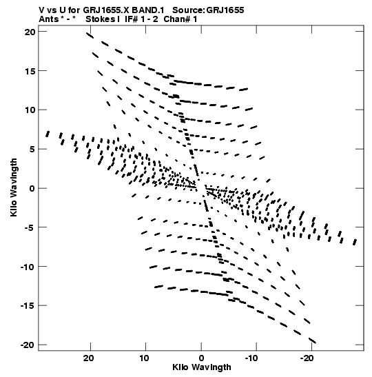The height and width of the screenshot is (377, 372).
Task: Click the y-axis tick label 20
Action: tap(30, 32)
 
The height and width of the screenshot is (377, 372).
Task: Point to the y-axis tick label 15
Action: tap(30, 71)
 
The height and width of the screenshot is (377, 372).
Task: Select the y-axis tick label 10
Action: tap(30, 110)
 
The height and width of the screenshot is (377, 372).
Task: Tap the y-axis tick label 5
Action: tap(32, 149)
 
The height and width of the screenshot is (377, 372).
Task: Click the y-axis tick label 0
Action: tap(32, 188)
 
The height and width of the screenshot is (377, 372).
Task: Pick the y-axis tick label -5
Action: tap(30, 227)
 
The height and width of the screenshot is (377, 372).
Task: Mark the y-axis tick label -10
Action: tap(28, 267)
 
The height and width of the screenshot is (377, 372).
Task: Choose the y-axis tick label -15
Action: tap(28, 305)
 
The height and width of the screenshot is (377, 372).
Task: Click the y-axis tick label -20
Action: tap(28, 345)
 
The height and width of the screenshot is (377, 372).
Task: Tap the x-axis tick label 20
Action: tap(89, 358)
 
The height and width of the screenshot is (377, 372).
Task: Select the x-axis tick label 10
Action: tap(144, 358)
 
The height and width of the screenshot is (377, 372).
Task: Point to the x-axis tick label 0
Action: tap(201, 358)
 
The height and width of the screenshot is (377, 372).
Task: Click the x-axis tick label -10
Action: tap(251, 358)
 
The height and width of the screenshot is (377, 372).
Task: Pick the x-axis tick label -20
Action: tap(307, 358)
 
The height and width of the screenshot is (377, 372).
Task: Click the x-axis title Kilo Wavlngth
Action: tap(202, 367)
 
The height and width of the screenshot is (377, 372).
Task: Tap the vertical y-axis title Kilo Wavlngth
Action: tap(14, 187)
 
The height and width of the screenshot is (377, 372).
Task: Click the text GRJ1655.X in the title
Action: tap(107, 10)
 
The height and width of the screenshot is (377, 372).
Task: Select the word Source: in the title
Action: tap(188, 10)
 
